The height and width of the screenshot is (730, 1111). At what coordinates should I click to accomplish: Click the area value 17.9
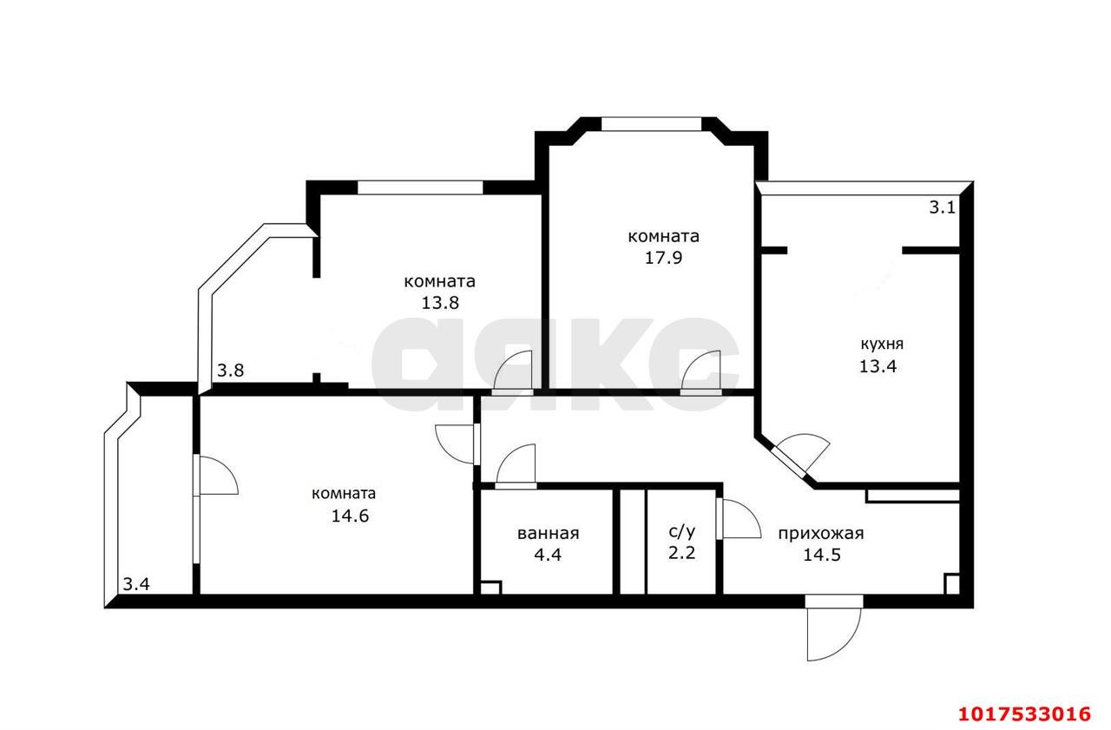coord(664,258)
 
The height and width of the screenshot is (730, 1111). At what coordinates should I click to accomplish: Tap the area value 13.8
coord(440,303)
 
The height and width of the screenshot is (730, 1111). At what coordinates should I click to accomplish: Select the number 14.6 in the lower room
coord(350,516)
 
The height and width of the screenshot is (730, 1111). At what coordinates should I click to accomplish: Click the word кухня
coord(881,345)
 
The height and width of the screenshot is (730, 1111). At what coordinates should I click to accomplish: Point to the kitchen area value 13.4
coord(878,366)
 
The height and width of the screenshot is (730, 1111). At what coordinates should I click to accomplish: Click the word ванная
coord(548,534)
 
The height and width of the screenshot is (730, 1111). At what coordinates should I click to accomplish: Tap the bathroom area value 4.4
coord(548,555)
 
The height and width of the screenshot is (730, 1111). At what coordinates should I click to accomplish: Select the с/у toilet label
coord(682,531)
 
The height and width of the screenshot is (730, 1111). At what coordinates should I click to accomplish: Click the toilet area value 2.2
coord(681,552)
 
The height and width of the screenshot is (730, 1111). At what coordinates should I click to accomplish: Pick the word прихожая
coord(821,534)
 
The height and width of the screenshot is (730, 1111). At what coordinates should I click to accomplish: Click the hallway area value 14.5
coord(822,555)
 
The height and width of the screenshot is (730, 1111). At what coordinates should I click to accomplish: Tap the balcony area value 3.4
coord(136,584)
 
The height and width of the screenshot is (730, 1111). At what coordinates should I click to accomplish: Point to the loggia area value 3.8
coord(231,371)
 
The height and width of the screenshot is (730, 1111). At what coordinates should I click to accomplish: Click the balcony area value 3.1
coord(942,207)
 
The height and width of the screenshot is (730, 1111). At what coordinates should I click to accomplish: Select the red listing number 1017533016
coord(1025,714)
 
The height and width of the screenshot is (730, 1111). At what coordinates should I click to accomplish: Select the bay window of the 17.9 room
coord(652,124)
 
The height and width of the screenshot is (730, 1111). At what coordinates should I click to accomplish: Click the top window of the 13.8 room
coord(420,187)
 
